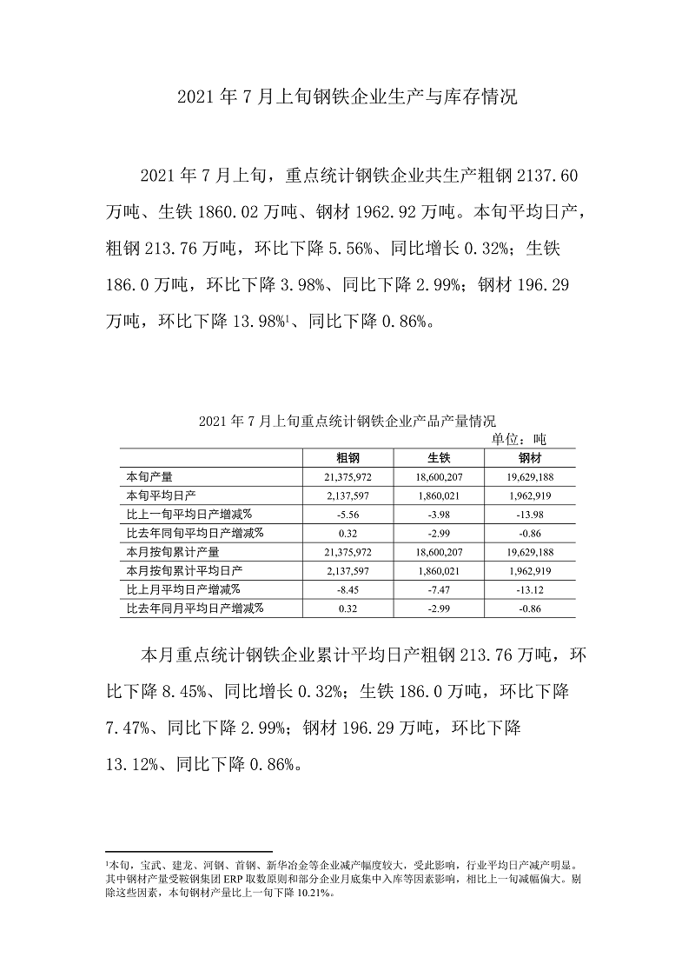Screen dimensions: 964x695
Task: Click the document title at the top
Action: (347, 96)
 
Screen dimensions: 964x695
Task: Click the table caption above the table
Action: (347, 422)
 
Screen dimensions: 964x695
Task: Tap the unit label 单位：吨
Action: (519, 439)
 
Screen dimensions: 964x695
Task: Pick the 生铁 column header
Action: (439, 458)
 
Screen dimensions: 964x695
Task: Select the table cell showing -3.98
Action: (439, 514)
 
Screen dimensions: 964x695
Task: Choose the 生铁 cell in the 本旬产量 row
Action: (439, 477)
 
